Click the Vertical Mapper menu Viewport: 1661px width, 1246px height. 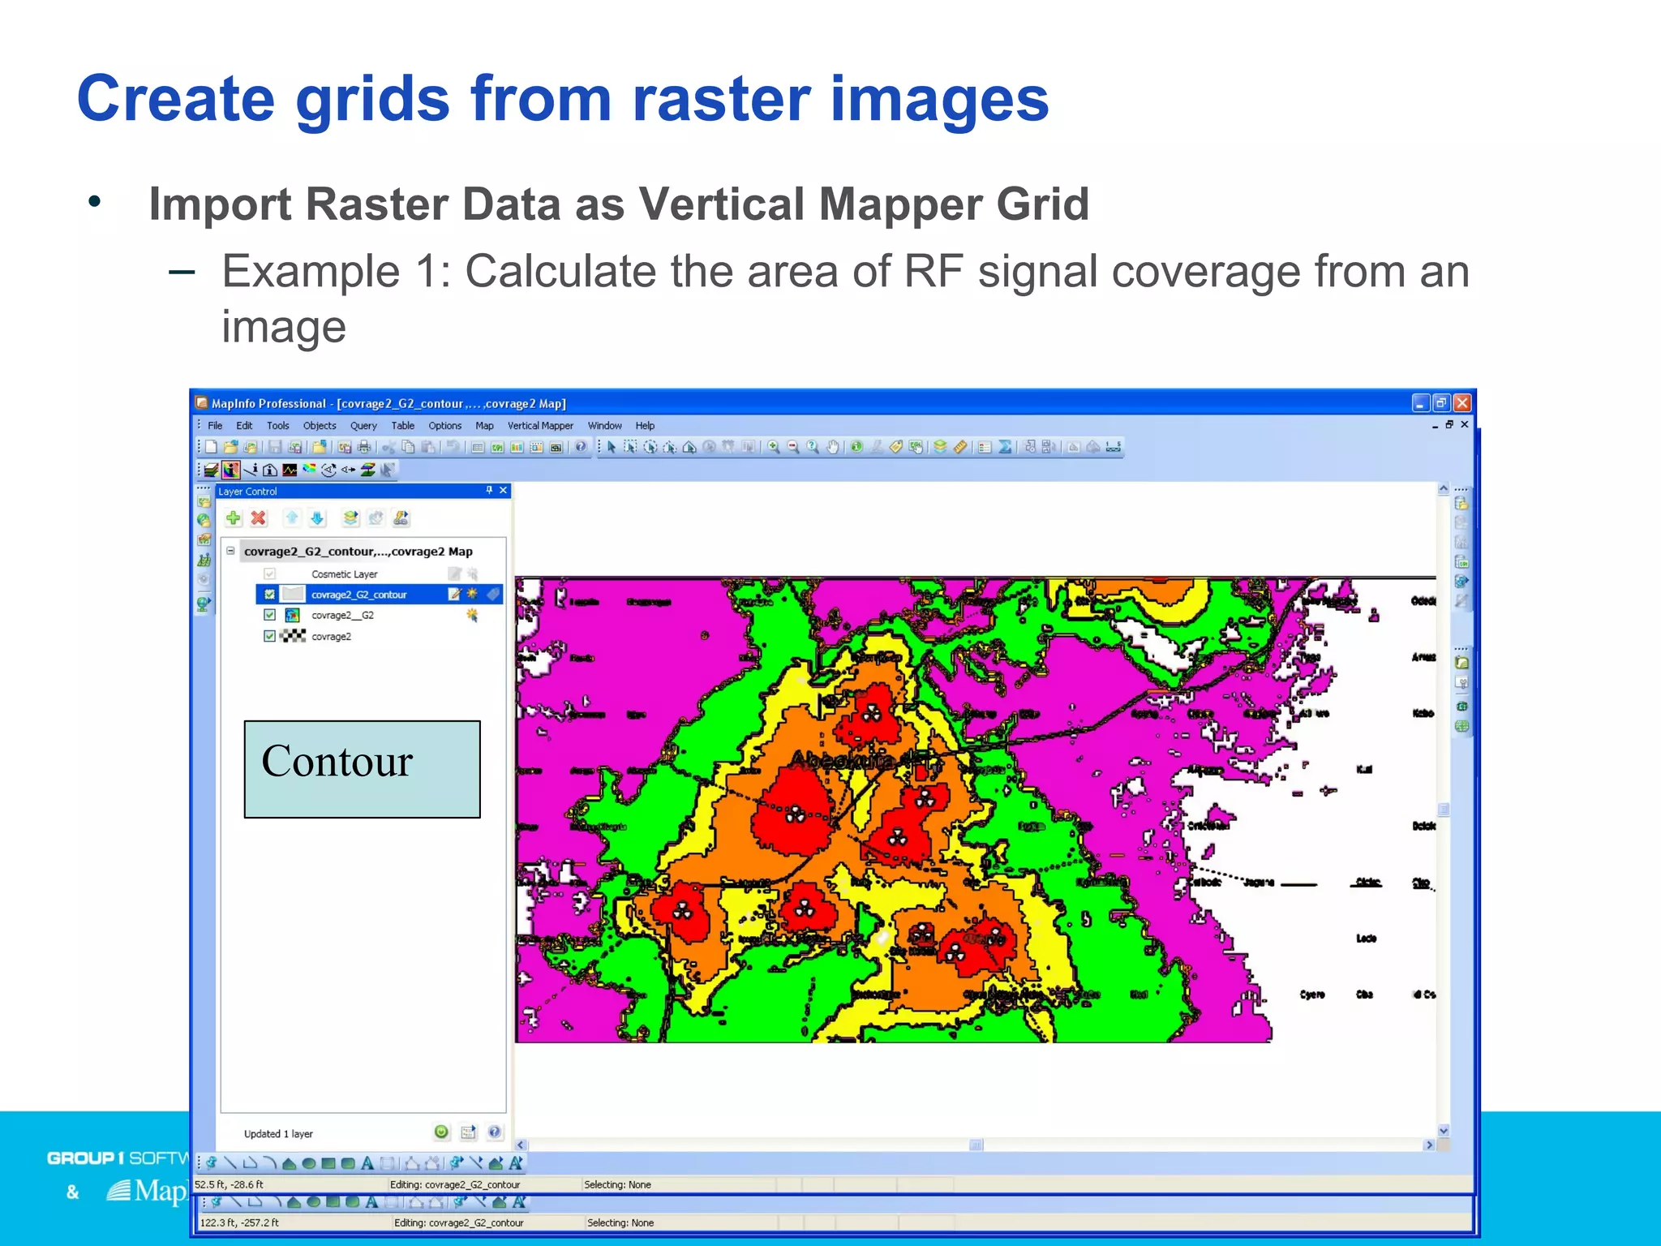pos(540,426)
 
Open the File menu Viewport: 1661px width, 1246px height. pos(215,426)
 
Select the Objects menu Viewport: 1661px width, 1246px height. pos(320,426)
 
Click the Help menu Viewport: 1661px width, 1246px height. pos(645,426)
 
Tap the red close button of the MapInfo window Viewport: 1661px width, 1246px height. pos(1462,403)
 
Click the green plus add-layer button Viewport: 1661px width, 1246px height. pos(234,518)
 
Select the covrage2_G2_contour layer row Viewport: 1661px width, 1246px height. pos(359,595)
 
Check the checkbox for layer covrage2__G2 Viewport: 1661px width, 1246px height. pos(270,616)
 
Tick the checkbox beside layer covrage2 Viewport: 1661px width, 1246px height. pos(270,637)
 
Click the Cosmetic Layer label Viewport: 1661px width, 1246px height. pos(345,574)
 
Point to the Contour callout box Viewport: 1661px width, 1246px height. pos(362,769)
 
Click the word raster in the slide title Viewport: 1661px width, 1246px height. pos(721,99)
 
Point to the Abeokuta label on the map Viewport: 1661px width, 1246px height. pos(843,761)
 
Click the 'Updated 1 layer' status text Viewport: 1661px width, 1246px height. pos(278,1134)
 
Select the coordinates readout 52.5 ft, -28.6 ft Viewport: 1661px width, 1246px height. pos(230,1185)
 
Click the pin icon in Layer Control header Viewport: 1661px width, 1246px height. pos(489,490)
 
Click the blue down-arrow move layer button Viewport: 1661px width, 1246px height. pos(317,518)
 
